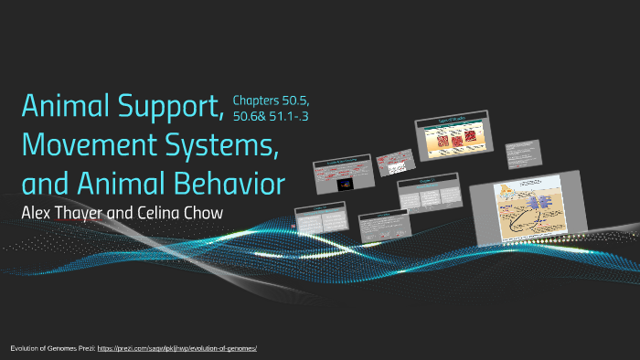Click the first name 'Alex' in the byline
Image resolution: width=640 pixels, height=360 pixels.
pyautogui.click(x=37, y=213)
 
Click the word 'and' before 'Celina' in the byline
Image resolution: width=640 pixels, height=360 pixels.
pyautogui.click(x=138, y=213)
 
